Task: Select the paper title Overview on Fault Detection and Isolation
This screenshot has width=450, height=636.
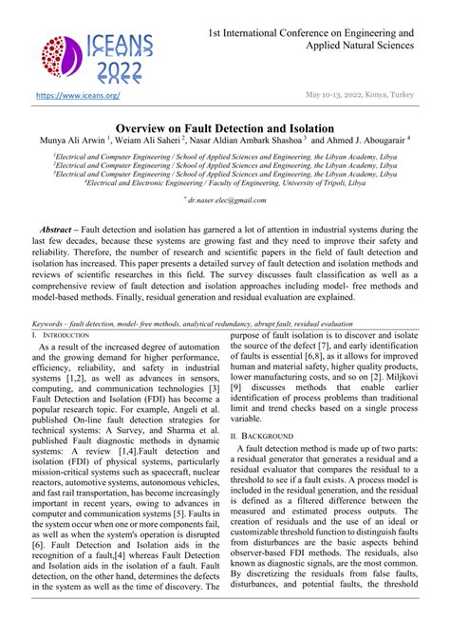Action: [x=224, y=127]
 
